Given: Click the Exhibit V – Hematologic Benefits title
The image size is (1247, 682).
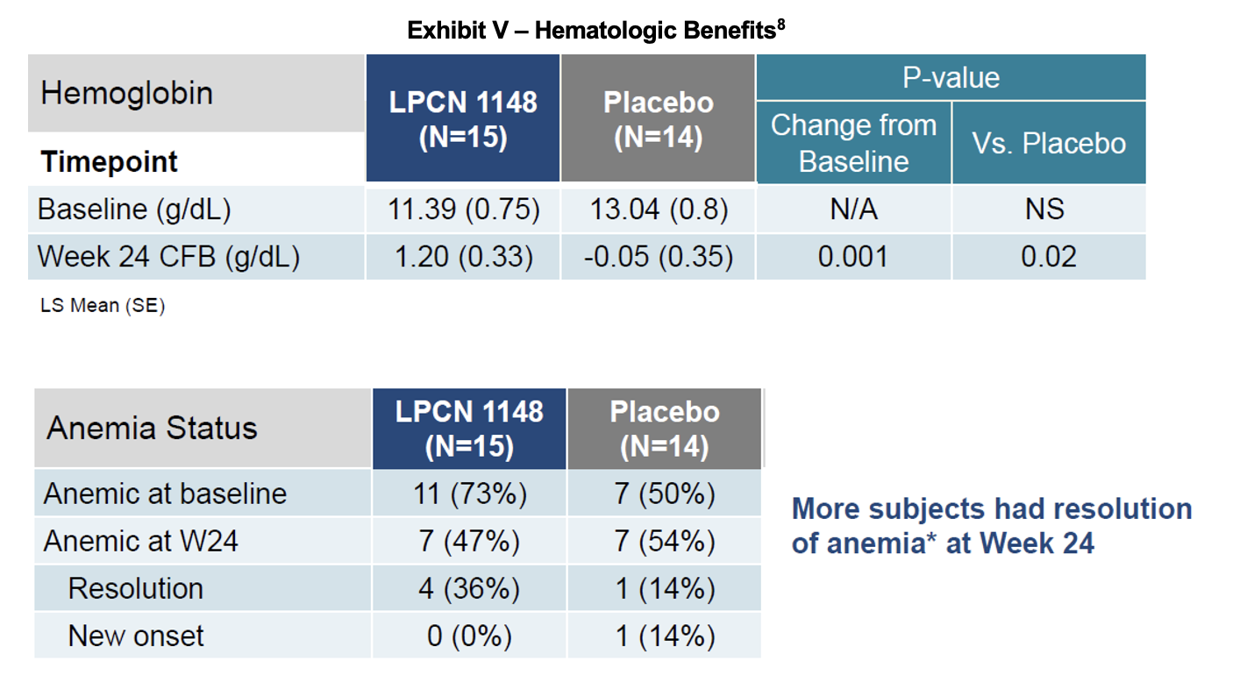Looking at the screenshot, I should click(x=595, y=31).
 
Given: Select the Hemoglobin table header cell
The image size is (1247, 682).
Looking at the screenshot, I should click(x=127, y=93).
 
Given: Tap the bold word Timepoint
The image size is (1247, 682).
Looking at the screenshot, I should click(x=109, y=162).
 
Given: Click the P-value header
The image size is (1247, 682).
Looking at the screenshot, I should click(x=951, y=78).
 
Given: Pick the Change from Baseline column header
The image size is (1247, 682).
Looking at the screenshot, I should click(x=853, y=143).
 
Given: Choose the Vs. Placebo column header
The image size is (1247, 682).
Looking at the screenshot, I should click(x=1049, y=143).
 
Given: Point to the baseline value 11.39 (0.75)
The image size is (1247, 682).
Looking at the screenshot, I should click(x=463, y=210).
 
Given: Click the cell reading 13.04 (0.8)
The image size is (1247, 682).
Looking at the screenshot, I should click(x=658, y=210).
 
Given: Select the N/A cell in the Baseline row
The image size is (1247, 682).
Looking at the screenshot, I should click(x=853, y=210).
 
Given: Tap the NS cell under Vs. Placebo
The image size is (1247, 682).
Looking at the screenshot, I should click(x=1049, y=210).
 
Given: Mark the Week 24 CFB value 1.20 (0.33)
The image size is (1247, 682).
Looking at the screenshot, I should click(x=463, y=257).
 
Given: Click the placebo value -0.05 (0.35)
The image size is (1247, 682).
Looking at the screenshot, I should click(x=658, y=257).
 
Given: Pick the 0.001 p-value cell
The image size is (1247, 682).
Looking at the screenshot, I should click(x=853, y=257).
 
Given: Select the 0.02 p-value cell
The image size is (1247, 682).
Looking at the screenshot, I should click(x=1049, y=257).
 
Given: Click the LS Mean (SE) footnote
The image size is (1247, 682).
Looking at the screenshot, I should click(x=102, y=307).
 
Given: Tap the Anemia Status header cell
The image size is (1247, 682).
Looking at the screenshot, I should click(x=152, y=428).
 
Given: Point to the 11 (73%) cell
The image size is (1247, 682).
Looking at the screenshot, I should click(x=469, y=494).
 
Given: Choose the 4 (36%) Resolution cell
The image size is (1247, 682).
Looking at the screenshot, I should click(x=469, y=588).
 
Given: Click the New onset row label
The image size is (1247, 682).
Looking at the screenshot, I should click(x=135, y=636).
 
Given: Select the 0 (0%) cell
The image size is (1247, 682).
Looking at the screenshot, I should click(x=469, y=636).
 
